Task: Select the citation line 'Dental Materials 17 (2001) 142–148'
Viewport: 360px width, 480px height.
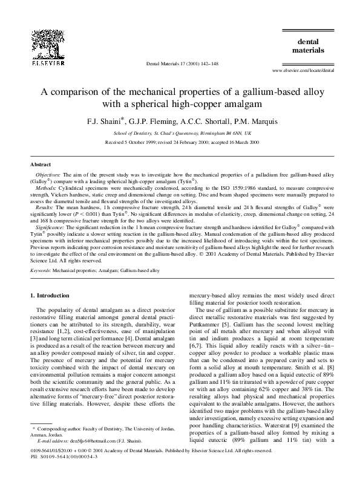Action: click(179, 63)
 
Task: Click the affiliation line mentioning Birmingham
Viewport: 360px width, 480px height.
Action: click(180, 132)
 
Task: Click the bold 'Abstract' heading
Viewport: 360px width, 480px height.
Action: click(41, 164)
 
